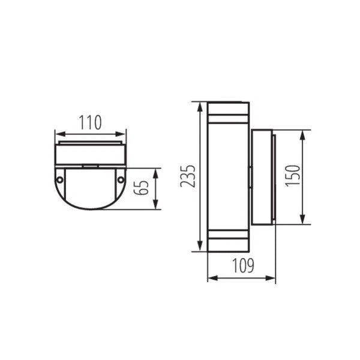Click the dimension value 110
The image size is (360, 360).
(90, 123)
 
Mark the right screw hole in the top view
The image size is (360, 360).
(121, 179)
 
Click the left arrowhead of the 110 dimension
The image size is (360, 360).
(57, 133)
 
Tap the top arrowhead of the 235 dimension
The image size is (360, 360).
(199, 106)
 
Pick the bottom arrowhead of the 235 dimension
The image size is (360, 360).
(199, 248)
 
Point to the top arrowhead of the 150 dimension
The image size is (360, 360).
(303, 133)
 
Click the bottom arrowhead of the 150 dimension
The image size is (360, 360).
(303, 221)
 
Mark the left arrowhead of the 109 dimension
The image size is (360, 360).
(211, 278)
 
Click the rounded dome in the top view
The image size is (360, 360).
(90, 192)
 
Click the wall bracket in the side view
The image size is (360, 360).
(263, 177)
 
